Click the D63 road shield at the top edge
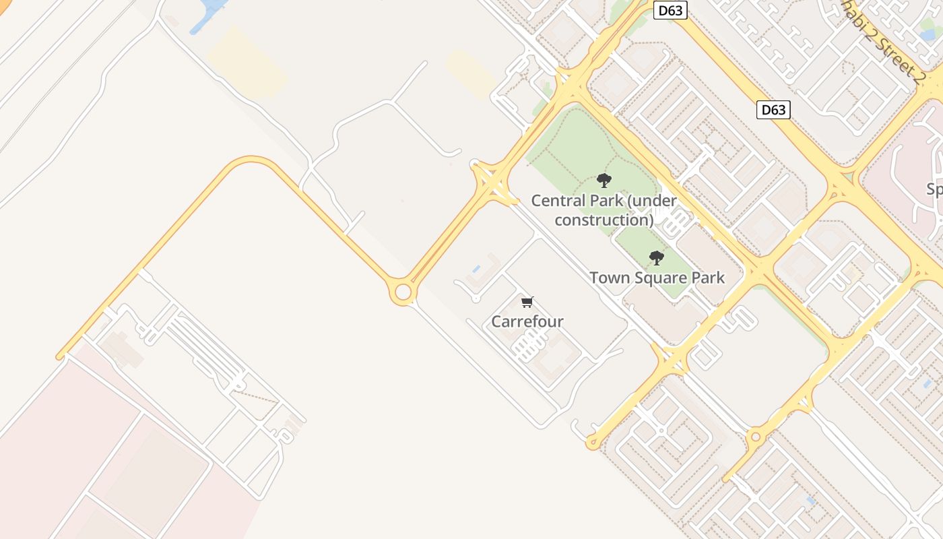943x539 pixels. [x=670, y=9]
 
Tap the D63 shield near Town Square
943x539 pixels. [x=773, y=109]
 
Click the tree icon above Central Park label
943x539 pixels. [x=604, y=180]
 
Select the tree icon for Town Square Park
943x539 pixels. [x=656, y=257]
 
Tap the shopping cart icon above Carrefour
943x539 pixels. [x=527, y=302]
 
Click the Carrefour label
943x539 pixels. [x=527, y=321]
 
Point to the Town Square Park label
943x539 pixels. [x=657, y=278]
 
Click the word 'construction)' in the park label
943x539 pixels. [x=604, y=220]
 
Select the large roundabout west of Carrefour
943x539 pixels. [x=403, y=292]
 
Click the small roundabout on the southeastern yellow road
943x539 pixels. [x=755, y=437]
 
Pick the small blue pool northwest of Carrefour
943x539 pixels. [x=476, y=269]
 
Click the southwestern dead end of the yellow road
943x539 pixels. [x=60, y=356]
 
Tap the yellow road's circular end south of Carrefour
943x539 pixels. [x=592, y=443]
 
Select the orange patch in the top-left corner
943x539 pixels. [x=5, y=5]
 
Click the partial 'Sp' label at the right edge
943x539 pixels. [x=934, y=189]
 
